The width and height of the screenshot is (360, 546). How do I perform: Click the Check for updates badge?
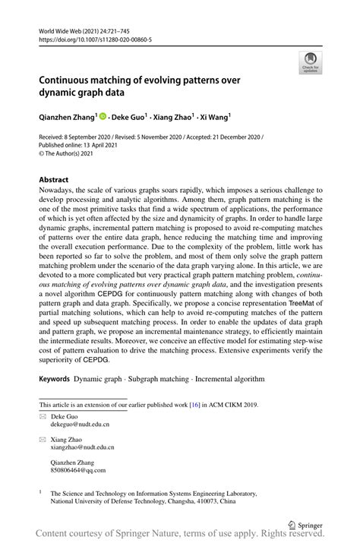tap(309, 63)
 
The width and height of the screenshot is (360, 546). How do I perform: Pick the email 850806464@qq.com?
tap(77, 469)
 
